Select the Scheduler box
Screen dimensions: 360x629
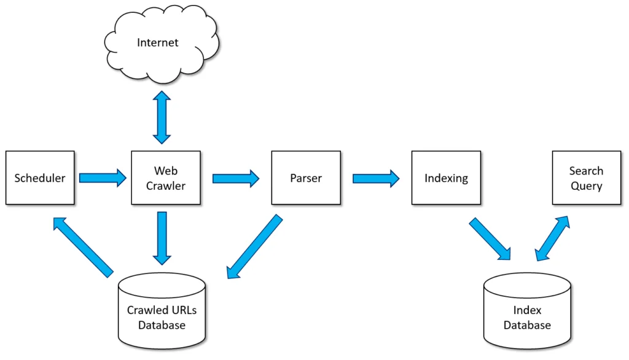pos(39,178)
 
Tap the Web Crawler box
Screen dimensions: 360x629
pos(166,178)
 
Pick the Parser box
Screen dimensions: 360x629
pos(306,178)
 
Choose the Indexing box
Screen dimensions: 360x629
pos(446,178)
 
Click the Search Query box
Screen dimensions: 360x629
pos(586,178)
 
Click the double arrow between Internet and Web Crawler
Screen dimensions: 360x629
pos(162,117)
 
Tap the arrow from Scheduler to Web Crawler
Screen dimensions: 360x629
pos(103,178)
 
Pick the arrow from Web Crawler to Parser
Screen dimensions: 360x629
pos(236,178)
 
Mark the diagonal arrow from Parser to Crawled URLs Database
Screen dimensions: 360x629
pos(254,247)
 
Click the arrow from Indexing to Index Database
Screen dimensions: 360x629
pos(490,239)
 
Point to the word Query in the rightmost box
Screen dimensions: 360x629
pos(586,186)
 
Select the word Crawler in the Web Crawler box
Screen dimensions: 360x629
pos(166,186)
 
